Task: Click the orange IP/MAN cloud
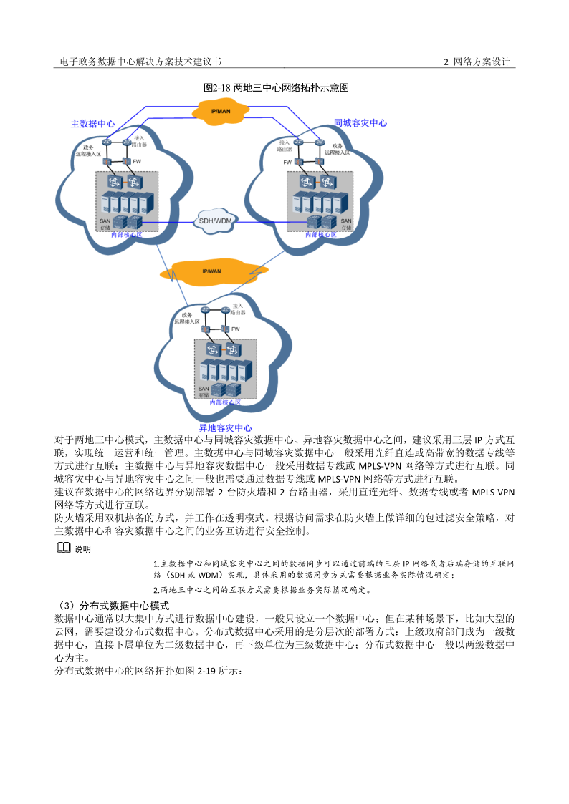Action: [221, 112]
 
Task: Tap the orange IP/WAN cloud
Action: [211, 271]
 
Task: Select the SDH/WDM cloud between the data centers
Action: [215, 221]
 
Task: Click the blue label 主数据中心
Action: [92, 123]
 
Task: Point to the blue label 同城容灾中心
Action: [360, 123]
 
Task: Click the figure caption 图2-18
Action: [276, 87]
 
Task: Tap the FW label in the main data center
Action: [137, 162]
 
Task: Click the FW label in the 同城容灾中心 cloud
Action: [287, 163]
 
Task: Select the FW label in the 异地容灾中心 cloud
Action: [235, 329]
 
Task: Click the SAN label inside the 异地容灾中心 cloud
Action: [204, 389]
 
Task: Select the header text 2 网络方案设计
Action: [477, 62]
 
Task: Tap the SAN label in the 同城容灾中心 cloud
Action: [346, 221]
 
